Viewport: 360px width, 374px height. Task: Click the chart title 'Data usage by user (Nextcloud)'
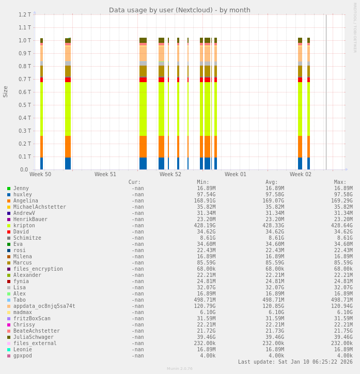[x=179, y=10]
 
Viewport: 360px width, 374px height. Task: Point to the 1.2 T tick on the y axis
[x=25, y=14]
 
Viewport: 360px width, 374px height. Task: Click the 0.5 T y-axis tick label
[x=25, y=105]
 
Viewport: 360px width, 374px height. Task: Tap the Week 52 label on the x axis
[x=170, y=175]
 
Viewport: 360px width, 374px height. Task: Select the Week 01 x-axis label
[x=236, y=175]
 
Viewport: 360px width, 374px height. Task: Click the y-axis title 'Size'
[x=6, y=92]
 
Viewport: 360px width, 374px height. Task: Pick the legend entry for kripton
[x=24, y=226]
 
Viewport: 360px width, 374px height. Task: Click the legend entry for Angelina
[x=25, y=201]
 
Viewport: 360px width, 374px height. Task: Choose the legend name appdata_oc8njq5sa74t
[x=44, y=306]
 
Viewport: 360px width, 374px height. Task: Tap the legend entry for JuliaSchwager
[x=33, y=337]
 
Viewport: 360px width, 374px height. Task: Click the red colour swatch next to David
[x=9, y=232]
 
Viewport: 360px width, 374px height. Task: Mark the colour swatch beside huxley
[x=9, y=195]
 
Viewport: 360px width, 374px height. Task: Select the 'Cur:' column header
[x=134, y=182]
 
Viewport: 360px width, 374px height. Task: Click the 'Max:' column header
[x=340, y=182]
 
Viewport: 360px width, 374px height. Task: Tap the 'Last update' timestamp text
[x=295, y=362]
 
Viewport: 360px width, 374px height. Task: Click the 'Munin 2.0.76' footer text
[x=179, y=369]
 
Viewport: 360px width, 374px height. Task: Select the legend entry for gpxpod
[x=22, y=356]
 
